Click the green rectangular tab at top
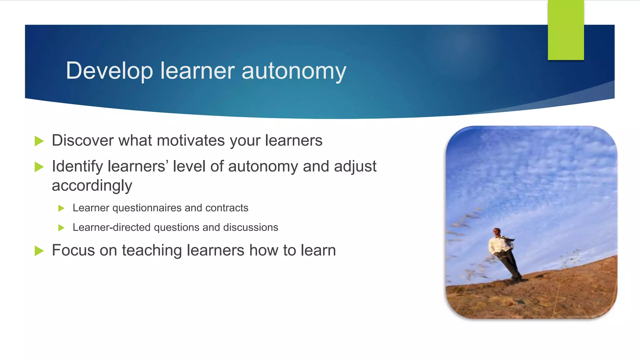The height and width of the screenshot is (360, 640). pyautogui.click(x=566, y=30)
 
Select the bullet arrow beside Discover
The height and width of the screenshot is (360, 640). pyautogui.click(x=39, y=141)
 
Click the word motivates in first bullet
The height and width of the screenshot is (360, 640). pyautogui.click(x=191, y=140)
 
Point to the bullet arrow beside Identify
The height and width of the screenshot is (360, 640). pyautogui.click(x=39, y=167)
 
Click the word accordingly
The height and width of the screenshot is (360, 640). pyautogui.click(x=92, y=186)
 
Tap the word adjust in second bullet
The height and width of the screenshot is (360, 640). pyautogui.click(x=355, y=166)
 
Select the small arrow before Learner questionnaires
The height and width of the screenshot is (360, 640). pyautogui.click(x=61, y=208)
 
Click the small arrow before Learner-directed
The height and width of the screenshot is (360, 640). pyautogui.click(x=61, y=228)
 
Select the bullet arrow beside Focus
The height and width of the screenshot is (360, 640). pyautogui.click(x=39, y=251)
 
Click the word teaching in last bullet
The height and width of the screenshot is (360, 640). pyautogui.click(x=152, y=251)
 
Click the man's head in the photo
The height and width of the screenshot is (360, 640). pyautogui.click(x=497, y=232)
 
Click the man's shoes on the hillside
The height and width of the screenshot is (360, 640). pyautogui.click(x=516, y=278)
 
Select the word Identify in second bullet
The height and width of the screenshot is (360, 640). pyautogui.click(x=77, y=166)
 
